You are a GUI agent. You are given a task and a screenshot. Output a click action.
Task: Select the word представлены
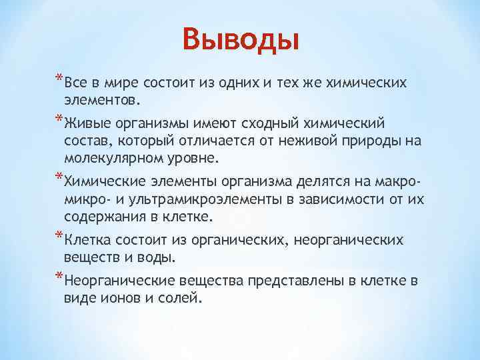click(x=294, y=281)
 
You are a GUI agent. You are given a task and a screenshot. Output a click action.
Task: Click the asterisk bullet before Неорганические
click(x=59, y=278)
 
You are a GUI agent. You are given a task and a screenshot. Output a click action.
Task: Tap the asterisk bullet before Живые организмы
click(x=59, y=121)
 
